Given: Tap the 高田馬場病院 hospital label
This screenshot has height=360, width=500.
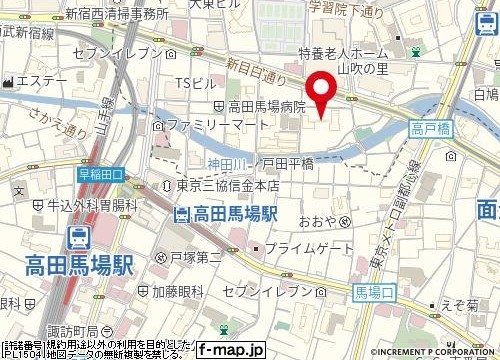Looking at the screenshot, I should tap(261, 106).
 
